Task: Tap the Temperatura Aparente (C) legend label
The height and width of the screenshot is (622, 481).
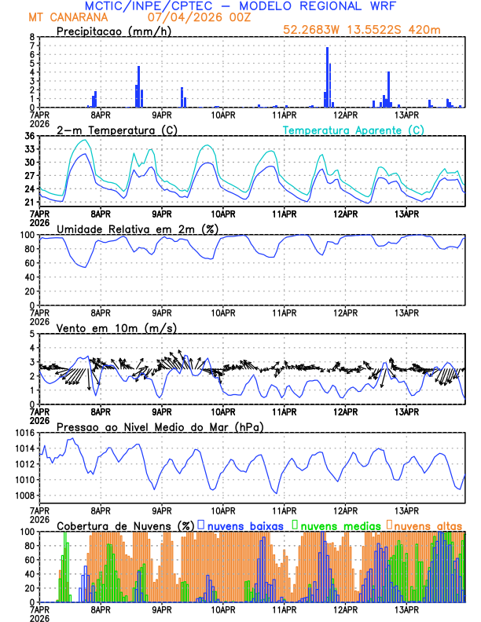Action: (x=354, y=130)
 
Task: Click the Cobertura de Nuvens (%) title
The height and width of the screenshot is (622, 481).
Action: (x=125, y=525)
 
